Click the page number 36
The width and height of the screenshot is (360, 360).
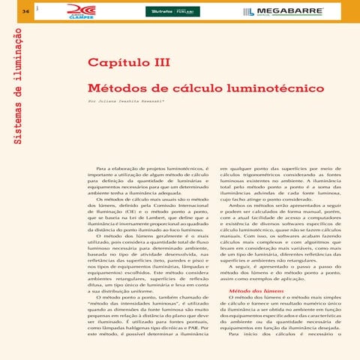point(25,11)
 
